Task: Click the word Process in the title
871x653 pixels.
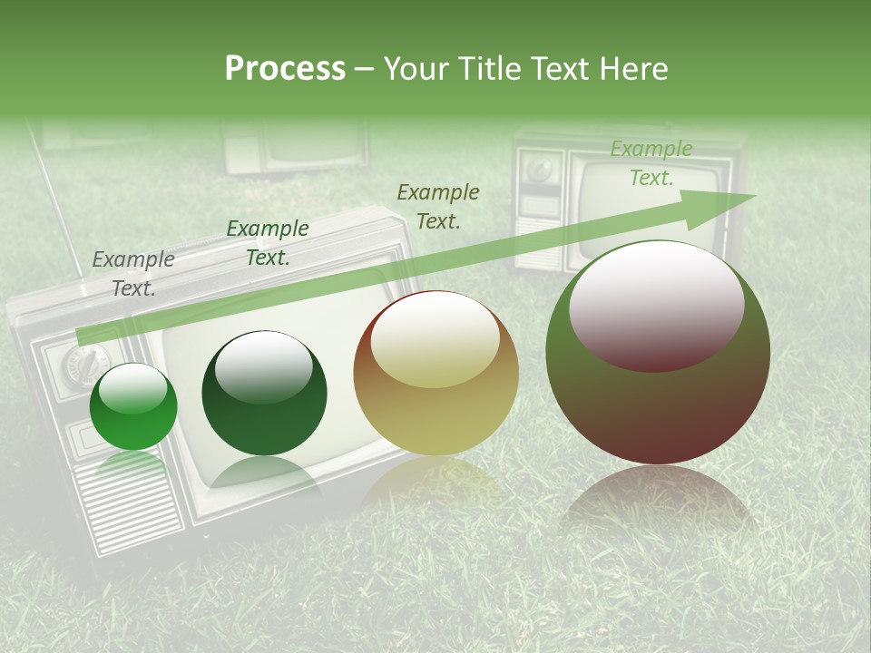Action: [x=285, y=68]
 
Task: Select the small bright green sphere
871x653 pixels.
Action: [x=133, y=407]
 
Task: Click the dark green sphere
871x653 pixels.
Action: [x=264, y=393]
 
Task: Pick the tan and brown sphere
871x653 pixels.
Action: [x=435, y=374]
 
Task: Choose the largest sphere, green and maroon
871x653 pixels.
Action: [x=658, y=353]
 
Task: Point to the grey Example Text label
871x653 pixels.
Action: [x=133, y=273]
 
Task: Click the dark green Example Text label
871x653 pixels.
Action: [x=268, y=242]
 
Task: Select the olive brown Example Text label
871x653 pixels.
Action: [x=438, y=206]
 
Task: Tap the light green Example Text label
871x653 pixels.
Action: [x=651, y=163]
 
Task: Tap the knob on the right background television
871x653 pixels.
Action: [x=541, y=169]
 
